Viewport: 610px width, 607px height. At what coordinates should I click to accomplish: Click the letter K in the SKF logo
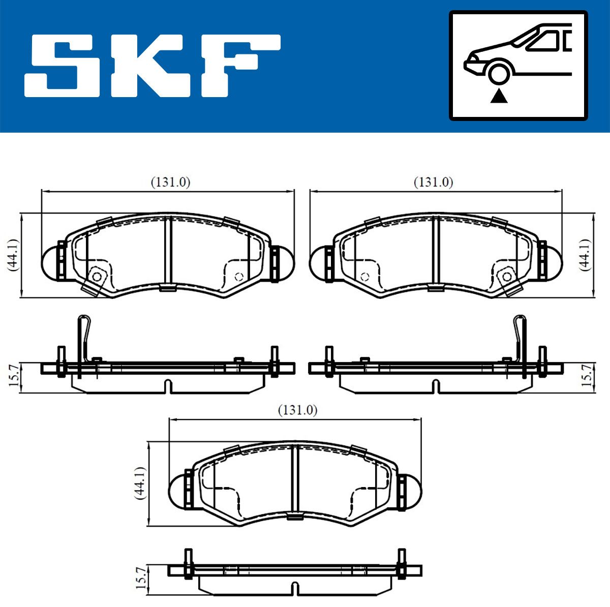[x=152, y=65]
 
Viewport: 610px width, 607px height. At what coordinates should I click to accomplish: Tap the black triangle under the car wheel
[x=499, y=96]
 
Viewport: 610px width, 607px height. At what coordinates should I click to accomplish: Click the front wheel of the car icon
[x=499, y=74]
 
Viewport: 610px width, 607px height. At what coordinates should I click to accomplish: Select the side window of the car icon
[x=542, y=42]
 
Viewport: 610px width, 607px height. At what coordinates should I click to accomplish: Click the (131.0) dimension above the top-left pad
[x=171, y=183]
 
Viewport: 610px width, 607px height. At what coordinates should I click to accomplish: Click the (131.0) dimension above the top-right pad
[x=434, y=183]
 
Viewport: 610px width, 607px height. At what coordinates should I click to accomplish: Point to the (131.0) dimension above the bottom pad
[x=297, y=411]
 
